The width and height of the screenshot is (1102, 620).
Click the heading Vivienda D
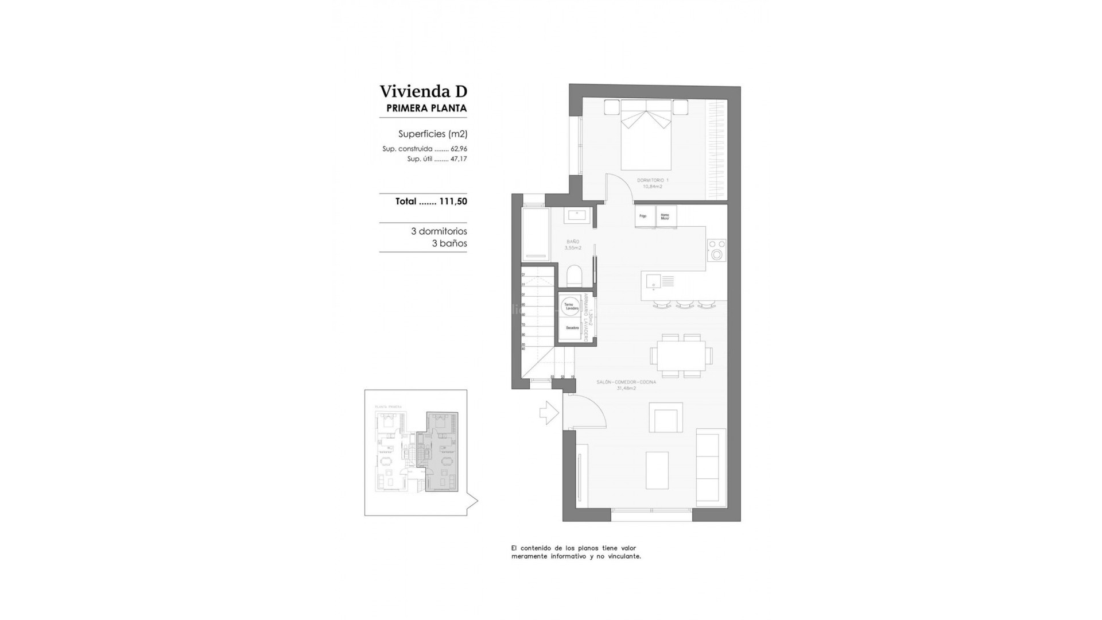[x=423, y=91]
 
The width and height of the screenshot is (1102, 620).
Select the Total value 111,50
[x=453, y=201]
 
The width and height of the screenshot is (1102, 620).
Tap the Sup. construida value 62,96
[x=459, y=149]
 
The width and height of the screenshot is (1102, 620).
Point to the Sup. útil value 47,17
[x=459, y=159]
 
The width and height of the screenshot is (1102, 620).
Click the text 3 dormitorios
[x=439, y=231]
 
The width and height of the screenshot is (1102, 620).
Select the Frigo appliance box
[x=643, y=216]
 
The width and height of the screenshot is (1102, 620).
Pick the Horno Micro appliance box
[x=665, y=216]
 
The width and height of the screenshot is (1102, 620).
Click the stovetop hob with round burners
[x=716, y=250]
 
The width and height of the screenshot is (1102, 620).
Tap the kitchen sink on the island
[x=654, y=281]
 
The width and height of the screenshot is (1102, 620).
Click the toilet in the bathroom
[x=574, y=276]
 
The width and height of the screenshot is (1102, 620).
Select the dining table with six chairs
[x=681, y=356]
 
